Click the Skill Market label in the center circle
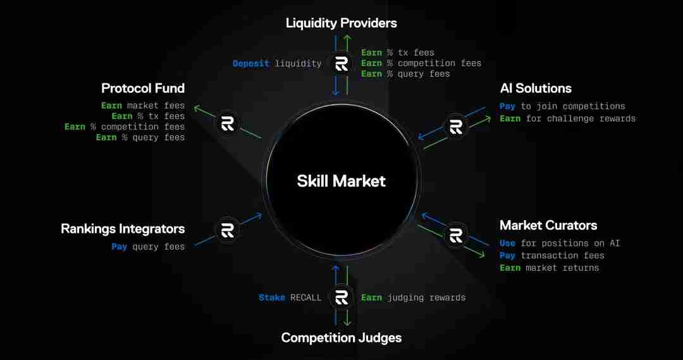coord(341,181)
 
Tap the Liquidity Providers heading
coord(341,23)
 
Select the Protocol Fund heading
coord(143,89)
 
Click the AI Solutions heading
coord(536,89)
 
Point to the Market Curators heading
coord(548,225)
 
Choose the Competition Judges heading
coord(341,338)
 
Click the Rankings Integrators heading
coord(123,229)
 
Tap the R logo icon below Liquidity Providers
coord(341,64)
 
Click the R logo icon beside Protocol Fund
coord(228,123)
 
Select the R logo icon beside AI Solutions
coord(455,127)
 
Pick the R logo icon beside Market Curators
coord(455,235)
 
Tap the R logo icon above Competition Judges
coord(341,297)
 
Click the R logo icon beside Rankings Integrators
coord(228,230)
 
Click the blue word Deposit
coord(251,64)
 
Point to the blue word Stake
coord(272,297)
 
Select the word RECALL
coord(306,297)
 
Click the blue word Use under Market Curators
coord(507,243)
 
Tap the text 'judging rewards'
coord(426,297)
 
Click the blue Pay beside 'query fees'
coord(119,247)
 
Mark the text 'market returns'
coord(562,268)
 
